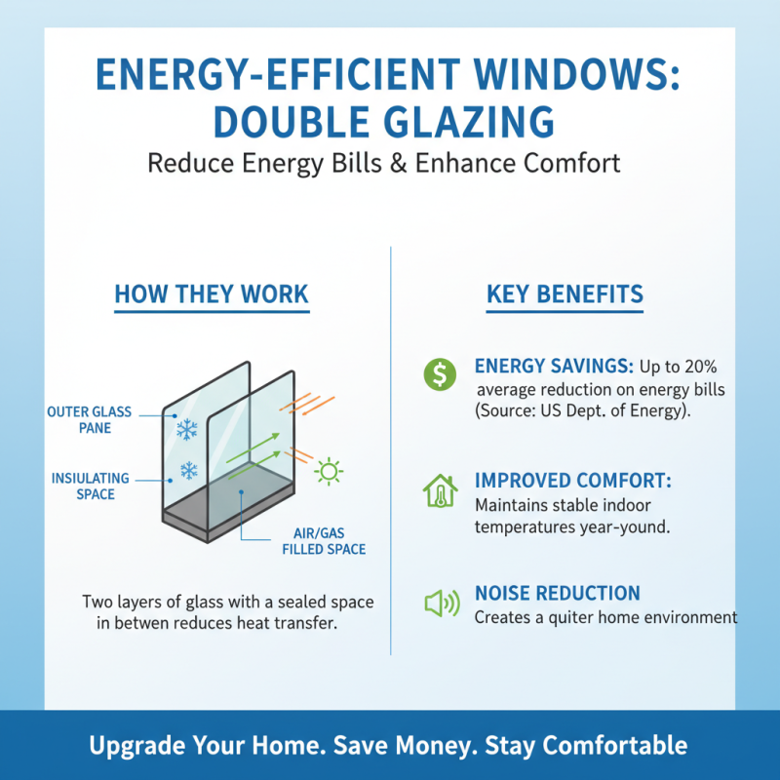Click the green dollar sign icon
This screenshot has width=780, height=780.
point(441,372)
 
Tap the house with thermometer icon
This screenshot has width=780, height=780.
point(440,490)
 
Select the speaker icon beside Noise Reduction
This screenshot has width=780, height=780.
point(442,604)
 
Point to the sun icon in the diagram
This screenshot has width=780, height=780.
point(330,473)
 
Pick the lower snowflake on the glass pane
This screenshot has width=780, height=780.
point(188,472)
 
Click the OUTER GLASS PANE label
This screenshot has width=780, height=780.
point(89,420)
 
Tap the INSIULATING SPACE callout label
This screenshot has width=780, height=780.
point(90,486)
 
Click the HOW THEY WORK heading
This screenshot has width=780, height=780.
point(212,294)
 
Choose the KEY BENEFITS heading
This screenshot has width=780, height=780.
point(565,294)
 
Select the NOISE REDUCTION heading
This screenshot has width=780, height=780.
point(557,593)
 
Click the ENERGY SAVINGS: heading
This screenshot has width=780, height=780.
point(553,367)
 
